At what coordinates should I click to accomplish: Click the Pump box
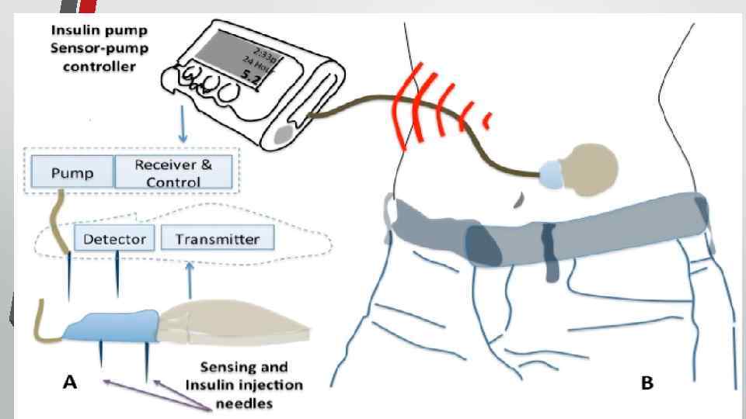coord(71,172)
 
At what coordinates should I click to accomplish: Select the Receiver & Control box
coord(173,172)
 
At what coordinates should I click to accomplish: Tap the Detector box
coord(115,239)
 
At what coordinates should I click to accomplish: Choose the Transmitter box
coord(217,239)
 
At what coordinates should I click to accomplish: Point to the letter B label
coord(647,383)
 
